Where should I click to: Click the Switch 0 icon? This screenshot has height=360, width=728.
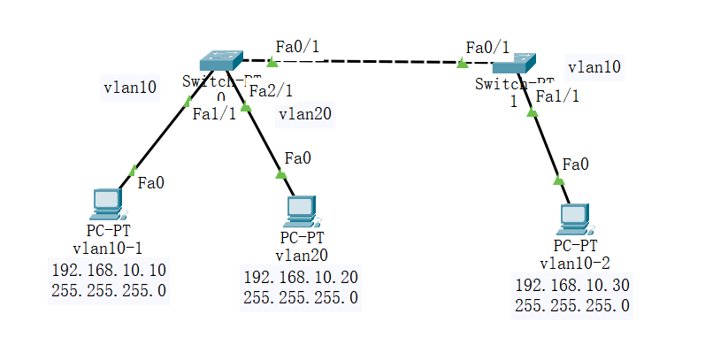pyautogui.click(x=221, y=60)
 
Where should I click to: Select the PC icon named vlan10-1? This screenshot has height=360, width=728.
pyautogui.click(x=108, y=203)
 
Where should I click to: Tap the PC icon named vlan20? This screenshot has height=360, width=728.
pyautogui.click(x=301, y=210)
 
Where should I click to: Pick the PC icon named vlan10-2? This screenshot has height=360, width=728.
pyautogui.click(x=574, y=218)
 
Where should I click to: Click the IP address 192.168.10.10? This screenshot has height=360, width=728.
pyautogui.click(x=109, y=270)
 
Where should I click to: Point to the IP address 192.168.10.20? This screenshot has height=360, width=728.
pyautogui.click(x=301, y=277)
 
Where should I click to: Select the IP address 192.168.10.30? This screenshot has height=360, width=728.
pyautogui.click(x=572, y=285)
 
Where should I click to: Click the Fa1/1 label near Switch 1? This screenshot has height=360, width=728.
pyautogui.click(x=558, y=96)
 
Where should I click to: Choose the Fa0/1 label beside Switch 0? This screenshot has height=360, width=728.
pyautogui.click(x=297, y=46)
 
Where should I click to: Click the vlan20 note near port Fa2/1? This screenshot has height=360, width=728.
pyautogui.click(x=306, y=113)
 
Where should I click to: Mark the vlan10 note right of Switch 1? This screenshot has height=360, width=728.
pyautogui.click(x=594, y=66)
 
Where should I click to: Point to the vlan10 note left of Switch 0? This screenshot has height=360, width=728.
pyautogui.click(x=130, y=88)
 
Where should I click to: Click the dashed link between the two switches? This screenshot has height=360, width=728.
pyautogui.click(x=367, y=62)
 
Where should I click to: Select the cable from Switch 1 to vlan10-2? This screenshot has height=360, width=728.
pyautogui.click(x=544, y=142)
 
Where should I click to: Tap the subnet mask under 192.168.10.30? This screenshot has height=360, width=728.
pyautogui.click(x=572, y=306)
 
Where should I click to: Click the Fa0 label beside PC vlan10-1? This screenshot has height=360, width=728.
pyautogui.click(x=151, y=183)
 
